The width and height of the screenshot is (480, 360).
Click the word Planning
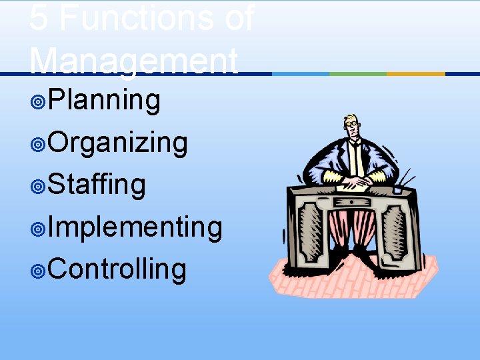coord(104,101)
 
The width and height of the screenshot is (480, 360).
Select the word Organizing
coord(117,143)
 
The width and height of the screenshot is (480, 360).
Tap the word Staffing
coord(97,185)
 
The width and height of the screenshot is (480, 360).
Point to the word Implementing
coord(135,227)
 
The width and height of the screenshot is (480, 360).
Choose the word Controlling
coord(117,269)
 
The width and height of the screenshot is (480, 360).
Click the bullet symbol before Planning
coord(38,102)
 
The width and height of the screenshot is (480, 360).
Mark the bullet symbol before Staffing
coord(38,187)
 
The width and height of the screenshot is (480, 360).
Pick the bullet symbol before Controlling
coord(38,271)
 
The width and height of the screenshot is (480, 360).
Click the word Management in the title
coord(133,61)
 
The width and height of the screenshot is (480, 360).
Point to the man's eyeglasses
coord(352,124)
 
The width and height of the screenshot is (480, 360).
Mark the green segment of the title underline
coord(358,73)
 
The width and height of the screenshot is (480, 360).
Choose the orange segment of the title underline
coord(415,73)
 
